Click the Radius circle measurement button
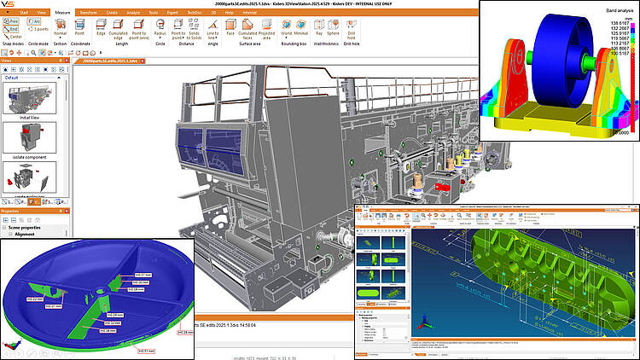(x=160, y=29)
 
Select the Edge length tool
(x=101, y=29)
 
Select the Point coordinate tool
(x=79, y=29)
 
